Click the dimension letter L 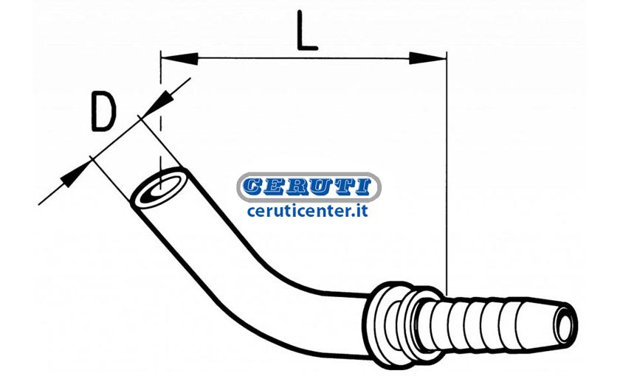tap(306, 30)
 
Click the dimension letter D tap(103, 111)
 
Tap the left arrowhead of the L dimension tap(179, 58)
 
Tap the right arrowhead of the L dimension tap(428, 58)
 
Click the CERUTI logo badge tap(309, 187)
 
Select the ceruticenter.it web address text tap(308, 211)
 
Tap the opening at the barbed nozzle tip tap(565, 317)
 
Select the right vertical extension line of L tap(447, 173)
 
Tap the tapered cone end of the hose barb tap(540, 318)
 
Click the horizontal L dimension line tap(303, 58)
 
